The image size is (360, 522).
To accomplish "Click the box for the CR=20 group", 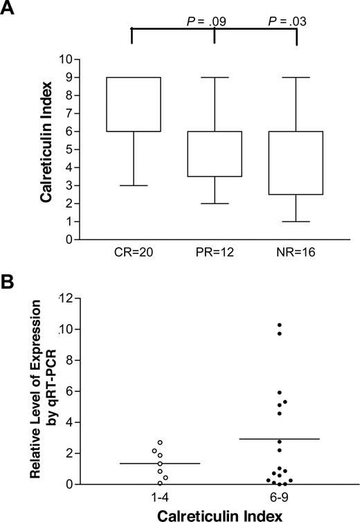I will coord(132,104).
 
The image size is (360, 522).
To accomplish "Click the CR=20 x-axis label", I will coord(132,255).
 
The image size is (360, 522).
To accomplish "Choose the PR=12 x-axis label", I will coord(214,255).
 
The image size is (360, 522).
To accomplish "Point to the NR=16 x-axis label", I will coord(296,255).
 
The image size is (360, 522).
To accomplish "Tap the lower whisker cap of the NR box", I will coord(296,222).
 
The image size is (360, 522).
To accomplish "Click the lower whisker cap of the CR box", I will coord(132,186).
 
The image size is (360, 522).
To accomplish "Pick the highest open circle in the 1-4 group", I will coord(160,442).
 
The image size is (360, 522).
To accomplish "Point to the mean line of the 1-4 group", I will coord(160,463).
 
